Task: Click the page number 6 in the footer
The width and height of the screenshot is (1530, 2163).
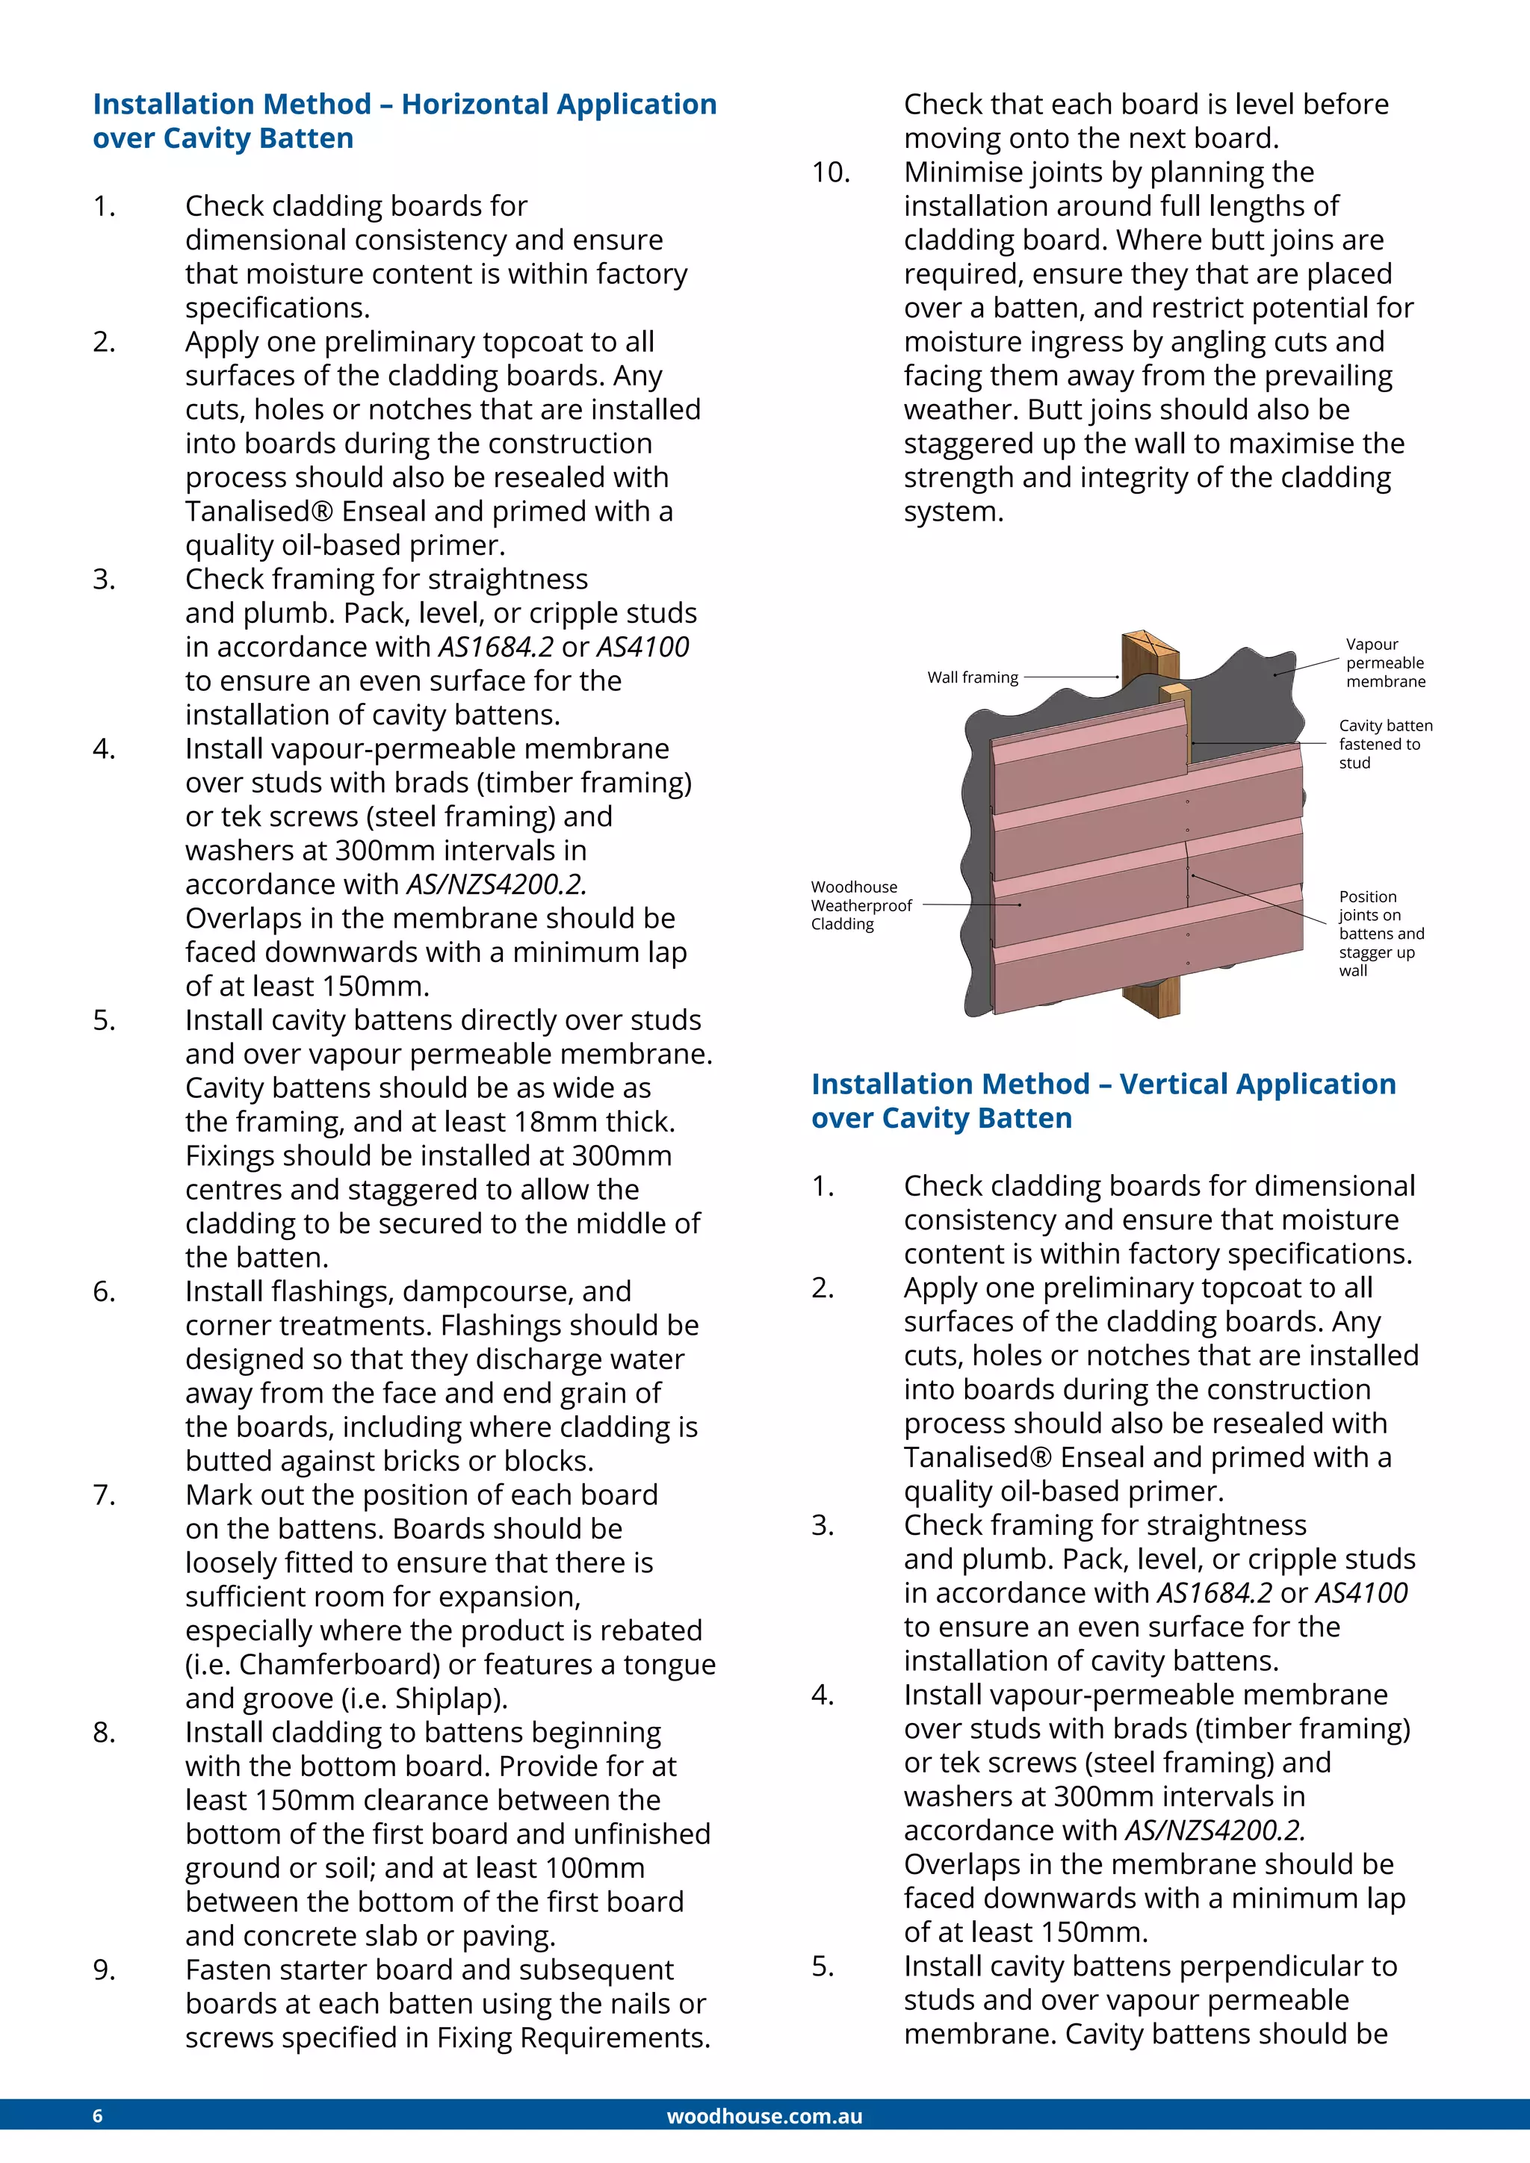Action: point(97,2116)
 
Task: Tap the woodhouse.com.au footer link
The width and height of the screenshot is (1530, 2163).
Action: point(764,2116)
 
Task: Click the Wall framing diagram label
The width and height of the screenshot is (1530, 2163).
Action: point(972,677)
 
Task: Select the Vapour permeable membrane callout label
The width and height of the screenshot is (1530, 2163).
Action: point(1384,662)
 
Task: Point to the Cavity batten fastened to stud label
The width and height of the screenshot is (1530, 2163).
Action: point(1384,744)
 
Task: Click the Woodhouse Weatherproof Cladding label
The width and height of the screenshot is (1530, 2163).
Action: point(860,905)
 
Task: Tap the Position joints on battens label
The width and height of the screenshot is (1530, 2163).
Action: point(1380,933)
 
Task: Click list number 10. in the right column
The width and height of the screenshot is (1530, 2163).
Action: point(831,173)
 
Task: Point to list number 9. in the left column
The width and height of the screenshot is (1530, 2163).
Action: point(104,1970)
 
